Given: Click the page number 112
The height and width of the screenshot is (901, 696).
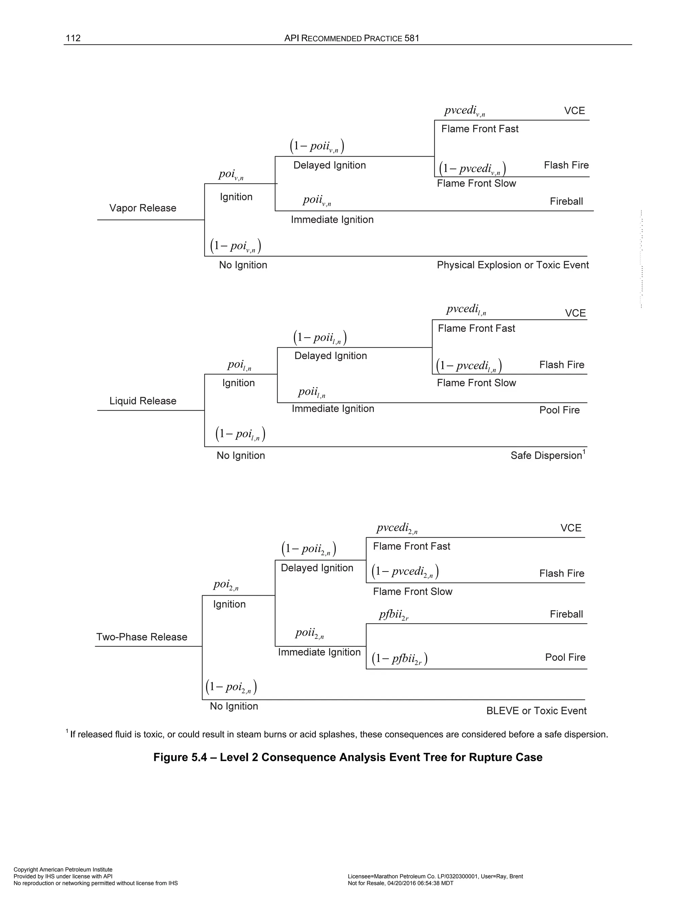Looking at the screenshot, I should tap(73, 38).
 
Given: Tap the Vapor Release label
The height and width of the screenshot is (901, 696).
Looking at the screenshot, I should tap(143, 208).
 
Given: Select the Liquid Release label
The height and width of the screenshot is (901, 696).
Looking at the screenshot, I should tap(143, 401).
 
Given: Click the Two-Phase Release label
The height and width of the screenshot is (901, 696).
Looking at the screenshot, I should tap(141, 637).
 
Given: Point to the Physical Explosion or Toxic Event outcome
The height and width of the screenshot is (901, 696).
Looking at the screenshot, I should tap(512, 265).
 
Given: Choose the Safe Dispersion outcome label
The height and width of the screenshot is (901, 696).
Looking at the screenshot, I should tap(545, 456).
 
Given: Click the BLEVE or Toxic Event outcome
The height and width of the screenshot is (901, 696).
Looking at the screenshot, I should tap(536, 711).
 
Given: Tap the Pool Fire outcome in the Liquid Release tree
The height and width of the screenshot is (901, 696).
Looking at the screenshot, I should tap(559, 410).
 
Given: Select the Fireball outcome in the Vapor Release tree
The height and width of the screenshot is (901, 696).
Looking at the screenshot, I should tap(566, 201).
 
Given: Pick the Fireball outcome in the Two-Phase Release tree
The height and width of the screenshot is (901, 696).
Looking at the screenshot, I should tap(566, 614).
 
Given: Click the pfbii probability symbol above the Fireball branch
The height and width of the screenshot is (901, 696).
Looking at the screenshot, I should tap(393, 615).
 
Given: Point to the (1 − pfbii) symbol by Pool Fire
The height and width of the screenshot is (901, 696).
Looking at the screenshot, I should tap(399, 659).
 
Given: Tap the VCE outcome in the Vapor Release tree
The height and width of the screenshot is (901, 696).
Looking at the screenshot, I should tap(574, 111).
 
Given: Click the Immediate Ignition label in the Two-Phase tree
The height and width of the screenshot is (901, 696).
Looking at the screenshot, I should tap(319, 652).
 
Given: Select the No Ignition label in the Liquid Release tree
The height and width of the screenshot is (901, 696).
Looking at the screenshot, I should tap(241, 456).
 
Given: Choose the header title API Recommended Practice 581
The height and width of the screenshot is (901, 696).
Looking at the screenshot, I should tap(352, 38).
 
